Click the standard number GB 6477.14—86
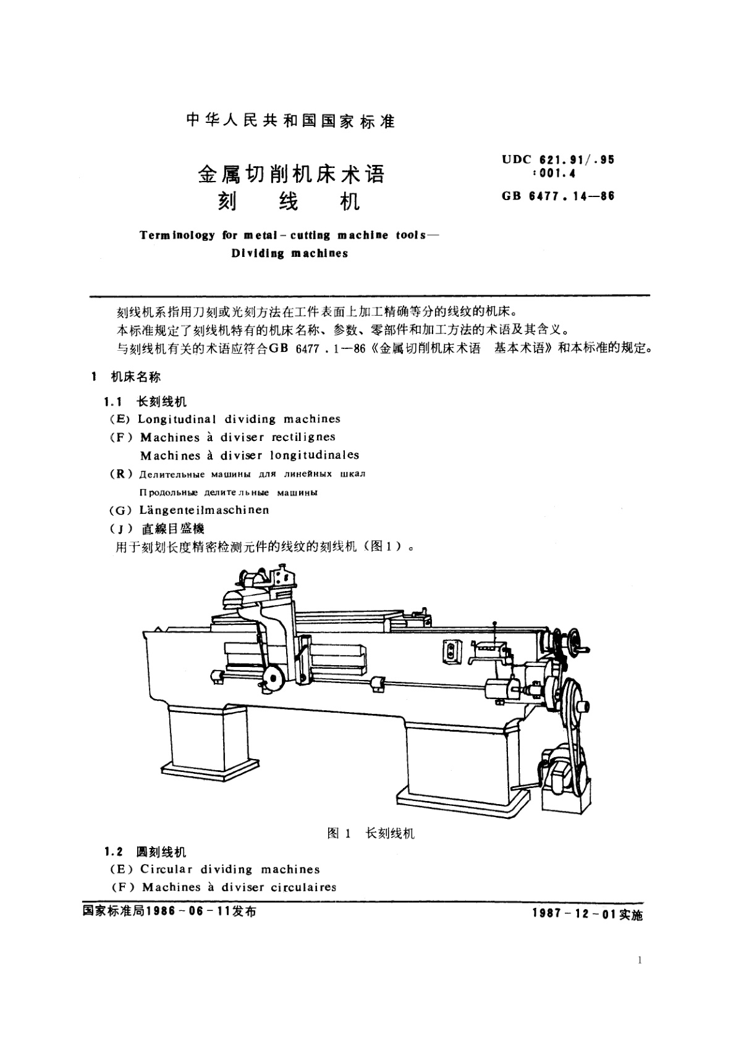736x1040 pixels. [x=558, y=196]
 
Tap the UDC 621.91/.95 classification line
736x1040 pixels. [x=558, y=159]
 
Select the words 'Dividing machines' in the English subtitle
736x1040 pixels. [x=290, y=253]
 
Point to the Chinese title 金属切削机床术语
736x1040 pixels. [x=290, y=174]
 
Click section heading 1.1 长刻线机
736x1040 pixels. [x=146, y=401]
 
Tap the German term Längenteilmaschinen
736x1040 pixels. [x=204, y=510]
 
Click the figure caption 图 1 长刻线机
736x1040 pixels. [x=371, y=833]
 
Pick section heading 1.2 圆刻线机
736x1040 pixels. [x=146, y=852]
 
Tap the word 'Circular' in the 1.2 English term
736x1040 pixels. [x=167, y=870]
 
